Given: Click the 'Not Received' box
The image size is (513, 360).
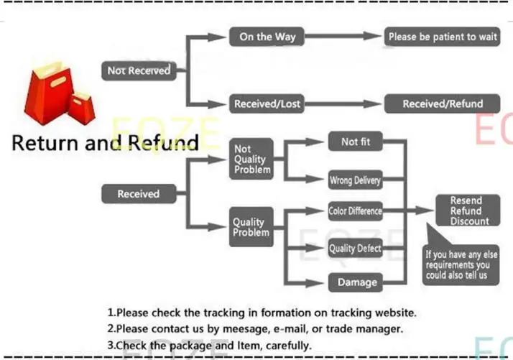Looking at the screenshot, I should click(x=138, y=70).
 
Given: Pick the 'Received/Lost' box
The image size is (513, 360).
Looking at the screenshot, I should click(x=267, y=104).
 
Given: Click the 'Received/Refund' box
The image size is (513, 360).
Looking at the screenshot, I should click(x=442, y=104).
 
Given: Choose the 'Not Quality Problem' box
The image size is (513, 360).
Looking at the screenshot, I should click(x=251, y=159).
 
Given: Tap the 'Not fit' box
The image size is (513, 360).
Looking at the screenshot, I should click(x=356, y=142).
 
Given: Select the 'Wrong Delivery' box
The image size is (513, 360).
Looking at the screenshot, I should click(x=355, y=180).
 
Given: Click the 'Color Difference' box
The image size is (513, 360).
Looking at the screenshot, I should click(x=355, y=211).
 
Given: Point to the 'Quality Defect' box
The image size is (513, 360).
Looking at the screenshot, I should click(x=355, y=249).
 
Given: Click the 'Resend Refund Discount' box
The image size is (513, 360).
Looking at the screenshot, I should click(x=466, y=211).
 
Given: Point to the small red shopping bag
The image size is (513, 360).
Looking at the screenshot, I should click(x=82, y=108).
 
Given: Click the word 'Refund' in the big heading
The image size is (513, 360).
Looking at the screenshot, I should click(x=162, y=142).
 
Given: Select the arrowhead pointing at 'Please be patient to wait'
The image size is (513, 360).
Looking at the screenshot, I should click(x=376, y=37).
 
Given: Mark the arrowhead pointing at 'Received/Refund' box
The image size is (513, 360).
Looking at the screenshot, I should click(x=376, y=104).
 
